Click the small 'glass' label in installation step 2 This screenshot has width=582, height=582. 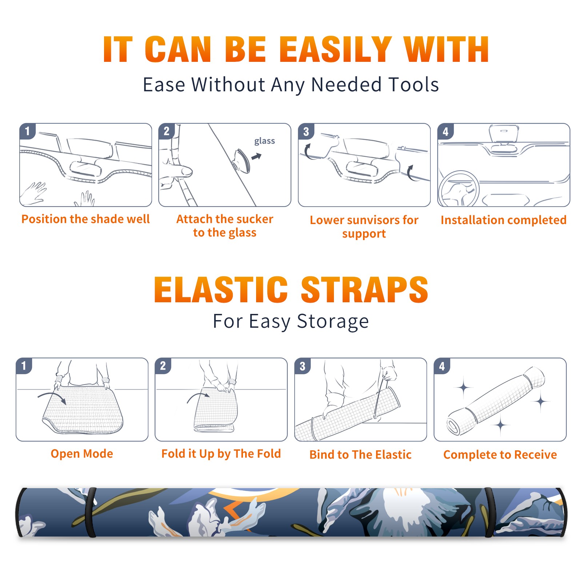click(264, 141)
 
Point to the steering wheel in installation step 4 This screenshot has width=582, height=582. click(458, 189)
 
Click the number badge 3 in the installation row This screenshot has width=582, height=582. click(306, 131)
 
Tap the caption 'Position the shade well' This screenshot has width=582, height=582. click(85, 219)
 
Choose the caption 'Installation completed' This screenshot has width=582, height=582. click(503, 220)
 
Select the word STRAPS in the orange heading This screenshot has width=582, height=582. click(364, 290)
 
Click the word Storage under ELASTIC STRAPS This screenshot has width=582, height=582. click(333, 322)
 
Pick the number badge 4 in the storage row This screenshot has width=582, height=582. click(442, 366)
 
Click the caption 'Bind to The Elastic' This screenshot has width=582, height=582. click(360, 455)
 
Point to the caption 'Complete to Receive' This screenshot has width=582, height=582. click(500, 455)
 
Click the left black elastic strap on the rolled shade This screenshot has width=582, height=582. click(91, 512)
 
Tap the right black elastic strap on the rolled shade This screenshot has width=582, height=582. click(489, 512)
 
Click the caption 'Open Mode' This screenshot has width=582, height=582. click(82, 454)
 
